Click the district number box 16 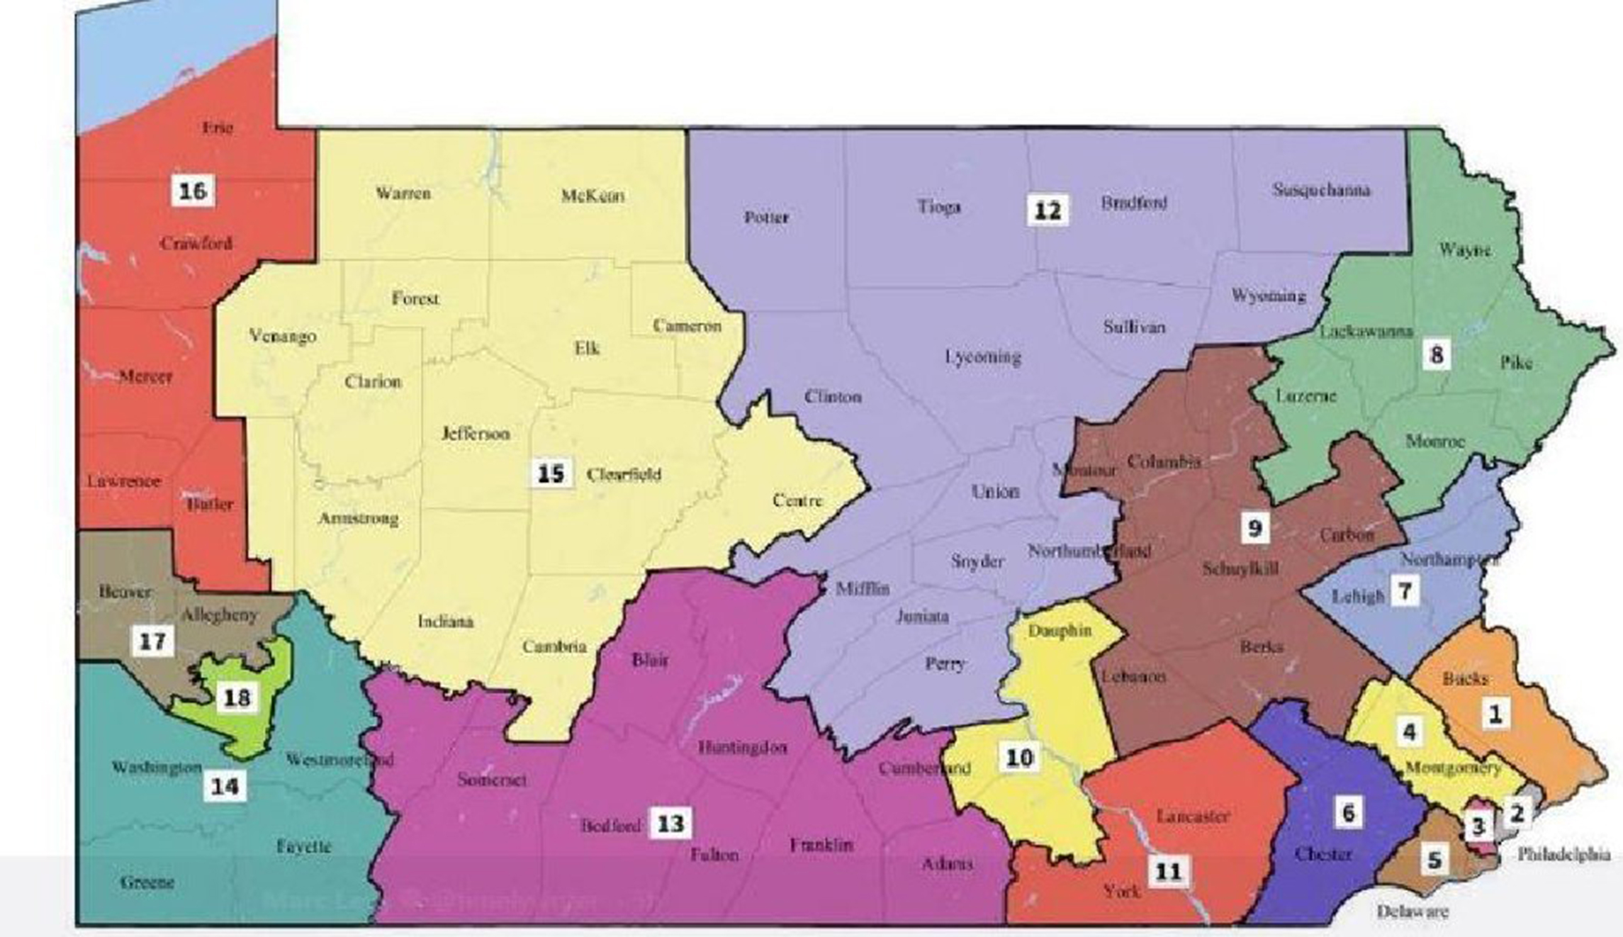tap(193, 191)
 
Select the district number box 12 tap(1048, 211)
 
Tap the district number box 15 tap(551, 473)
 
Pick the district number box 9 tap(1254, 527)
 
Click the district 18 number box tap(237, 698)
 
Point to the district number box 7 tap(1405, 590)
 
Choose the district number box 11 tap(1169, 871)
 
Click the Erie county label tap(217, 128)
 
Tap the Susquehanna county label tap(1321, 190)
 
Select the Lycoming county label tap(983, 357)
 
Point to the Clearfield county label tap(624, 475)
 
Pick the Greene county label tap(147, 882)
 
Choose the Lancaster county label tap(1192, 816)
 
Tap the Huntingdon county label tap(742, 747)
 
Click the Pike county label tap(1516, 363)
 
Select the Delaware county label tap(1412, 911)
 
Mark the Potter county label tap(766, 217)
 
